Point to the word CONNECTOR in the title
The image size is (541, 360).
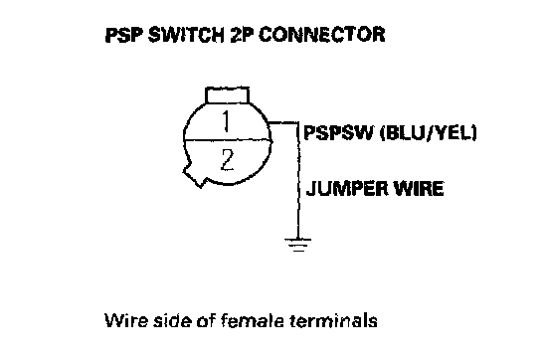point(322,35)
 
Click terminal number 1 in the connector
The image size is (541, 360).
point(226,121)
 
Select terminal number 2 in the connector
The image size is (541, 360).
point(227,159)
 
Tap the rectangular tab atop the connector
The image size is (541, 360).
point(227,95)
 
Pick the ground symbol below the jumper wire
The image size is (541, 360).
point(298,245)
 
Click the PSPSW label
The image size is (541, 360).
point(339,132)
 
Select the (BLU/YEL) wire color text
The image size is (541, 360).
point(429,132)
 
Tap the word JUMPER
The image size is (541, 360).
point(347,189)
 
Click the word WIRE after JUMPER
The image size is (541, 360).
point(419,189)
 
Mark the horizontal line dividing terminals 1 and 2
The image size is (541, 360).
point(228,140)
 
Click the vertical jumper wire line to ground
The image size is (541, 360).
point(298,180)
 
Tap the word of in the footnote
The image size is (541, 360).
point(206,320)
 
